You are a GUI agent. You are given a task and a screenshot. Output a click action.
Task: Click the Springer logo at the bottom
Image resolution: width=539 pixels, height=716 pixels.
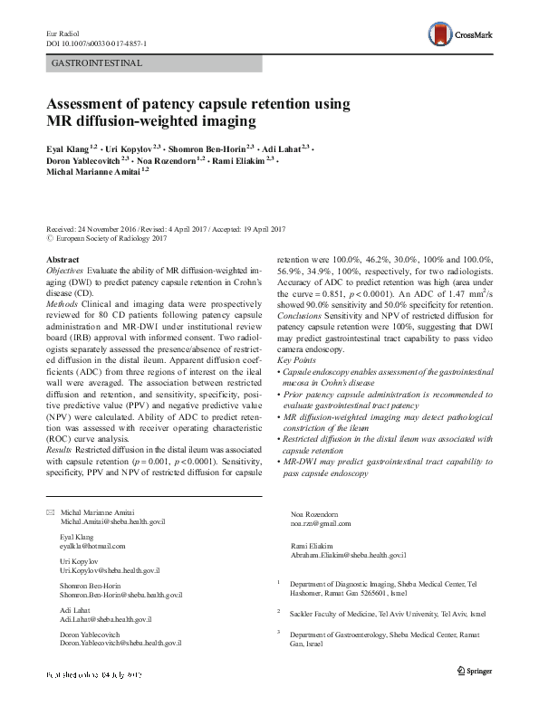tap(476, 695)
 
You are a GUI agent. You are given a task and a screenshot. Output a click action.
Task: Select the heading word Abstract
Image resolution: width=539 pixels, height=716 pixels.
tap(62, 259)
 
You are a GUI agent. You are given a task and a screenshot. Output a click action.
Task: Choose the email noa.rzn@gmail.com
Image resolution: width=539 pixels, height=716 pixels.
tap(320, 523)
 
